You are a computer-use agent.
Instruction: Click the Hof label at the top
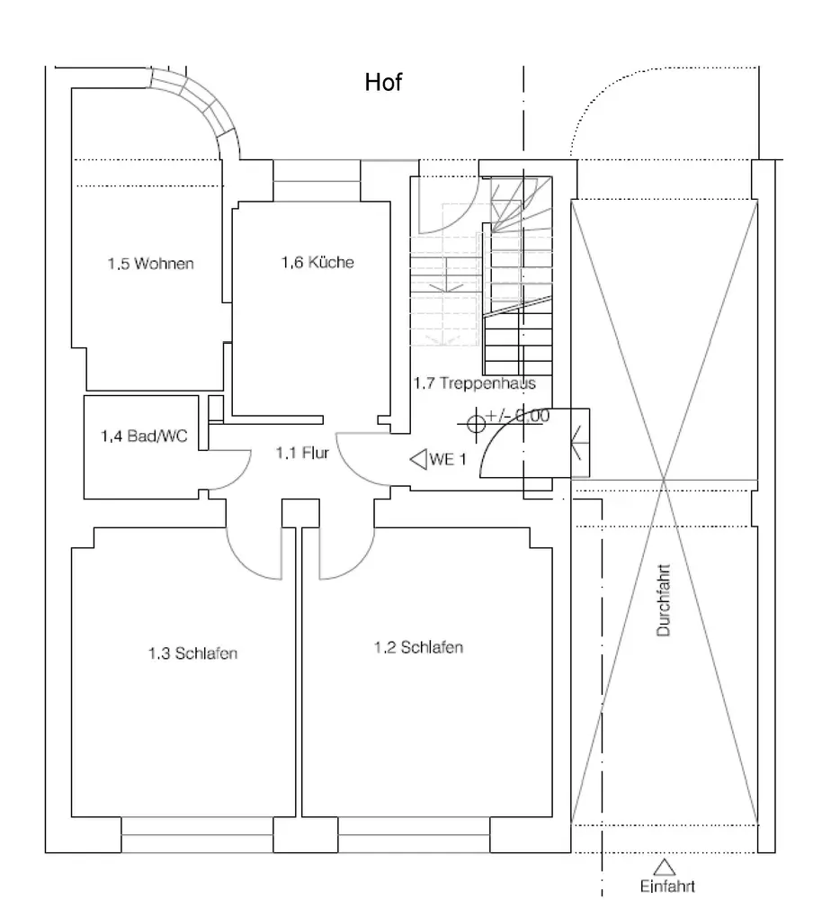383,82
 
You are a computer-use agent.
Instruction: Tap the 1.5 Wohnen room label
150,264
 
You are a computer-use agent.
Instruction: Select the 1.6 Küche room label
317,262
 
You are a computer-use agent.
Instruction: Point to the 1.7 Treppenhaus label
474,382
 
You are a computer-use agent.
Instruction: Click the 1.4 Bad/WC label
144,436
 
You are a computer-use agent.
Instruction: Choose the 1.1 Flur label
302,453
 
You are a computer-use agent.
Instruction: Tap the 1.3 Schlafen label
192,653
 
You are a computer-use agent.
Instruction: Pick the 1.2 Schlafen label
418,647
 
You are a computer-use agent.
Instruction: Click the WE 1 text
448,459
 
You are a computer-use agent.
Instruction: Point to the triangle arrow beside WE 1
419,459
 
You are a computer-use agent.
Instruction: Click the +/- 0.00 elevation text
517,415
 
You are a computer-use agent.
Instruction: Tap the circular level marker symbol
476,424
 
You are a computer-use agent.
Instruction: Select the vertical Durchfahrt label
663,599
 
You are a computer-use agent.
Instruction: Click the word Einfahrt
667,886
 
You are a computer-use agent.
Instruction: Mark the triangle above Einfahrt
665,868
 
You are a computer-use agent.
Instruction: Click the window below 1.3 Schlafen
197,834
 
